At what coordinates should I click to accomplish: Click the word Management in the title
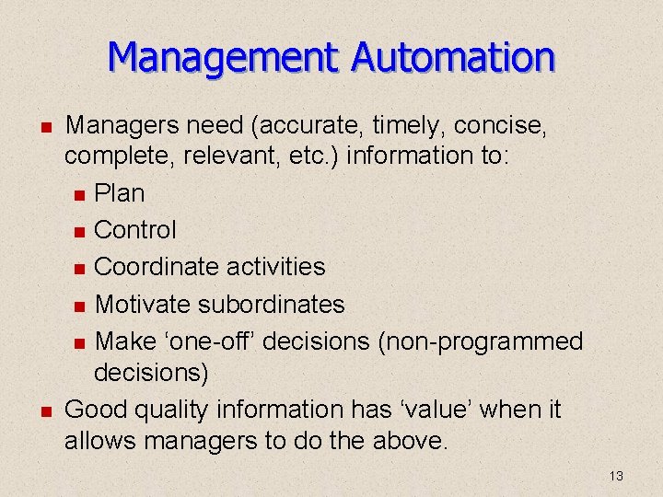[x=224, y=58]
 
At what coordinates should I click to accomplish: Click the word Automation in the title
[x=454, y=58]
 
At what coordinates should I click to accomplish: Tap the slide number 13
[x=616, y=476]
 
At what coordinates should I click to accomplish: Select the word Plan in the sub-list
[x=120, y=193]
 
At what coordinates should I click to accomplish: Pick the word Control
[x=135, y=230]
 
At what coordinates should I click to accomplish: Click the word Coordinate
[x=157, y=267]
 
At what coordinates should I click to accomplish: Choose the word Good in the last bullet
[x=96, y=409]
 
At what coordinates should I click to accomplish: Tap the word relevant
[x=235, y=156]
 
